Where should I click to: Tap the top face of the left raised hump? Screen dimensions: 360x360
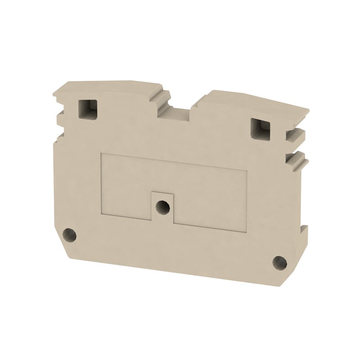pyautogui.click(x=112, y=85)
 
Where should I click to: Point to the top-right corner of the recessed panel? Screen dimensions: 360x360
pyautogui.click(x=247, y=171)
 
